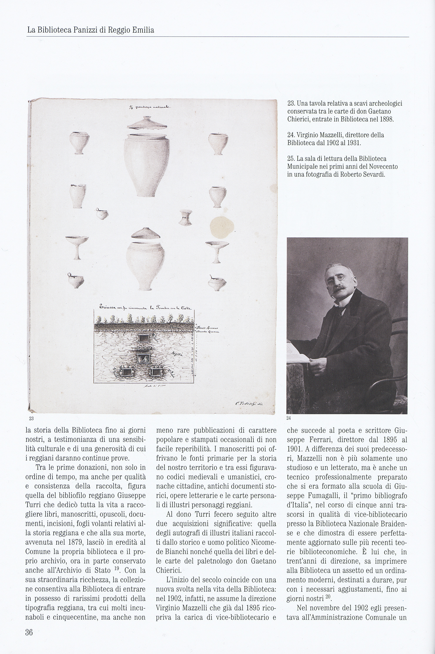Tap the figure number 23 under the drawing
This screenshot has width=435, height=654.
coord(31,418)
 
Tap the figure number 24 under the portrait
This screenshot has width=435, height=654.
coord(289,418)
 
